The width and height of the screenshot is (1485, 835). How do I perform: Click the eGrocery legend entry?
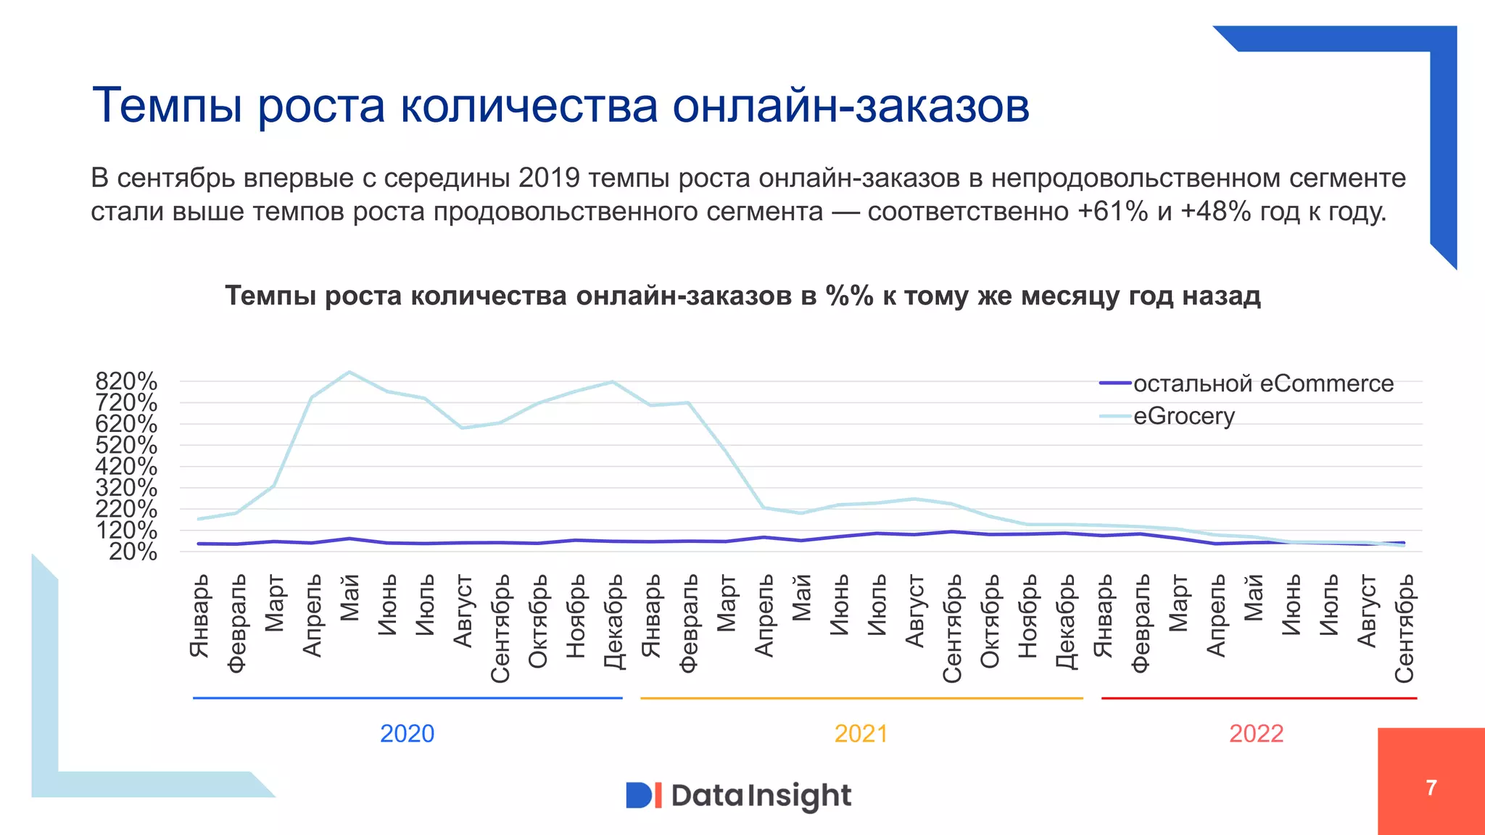(x=1183, y=416)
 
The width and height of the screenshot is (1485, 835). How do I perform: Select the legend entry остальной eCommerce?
(x=1262, y=383)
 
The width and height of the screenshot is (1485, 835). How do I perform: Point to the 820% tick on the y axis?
(x=126, y=381)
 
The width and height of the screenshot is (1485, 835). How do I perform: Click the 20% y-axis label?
(x=133, y=552)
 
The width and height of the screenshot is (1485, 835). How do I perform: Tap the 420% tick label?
(x=126, y=466)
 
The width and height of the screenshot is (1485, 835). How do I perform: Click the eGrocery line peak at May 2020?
(x=349, y=373)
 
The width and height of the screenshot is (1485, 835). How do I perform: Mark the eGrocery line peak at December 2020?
(x=613, y=382)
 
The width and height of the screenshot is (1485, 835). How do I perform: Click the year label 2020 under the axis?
(x=407, y=734)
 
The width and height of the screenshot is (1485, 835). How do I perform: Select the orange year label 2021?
(x=861, y=734)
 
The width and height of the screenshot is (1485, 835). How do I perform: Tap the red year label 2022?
(x=1256, y=734)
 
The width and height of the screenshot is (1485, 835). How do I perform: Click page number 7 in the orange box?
(x=1431, y=787)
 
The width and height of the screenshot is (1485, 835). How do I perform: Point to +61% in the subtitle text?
(x=1112, y=212)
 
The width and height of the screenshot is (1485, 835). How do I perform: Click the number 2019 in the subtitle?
(x=549, y=178)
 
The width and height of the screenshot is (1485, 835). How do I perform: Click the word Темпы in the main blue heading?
(x=167, y=106)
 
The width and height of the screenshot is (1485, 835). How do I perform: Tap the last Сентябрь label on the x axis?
(x=1404, y=628)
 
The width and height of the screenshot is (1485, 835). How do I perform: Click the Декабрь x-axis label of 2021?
(x=1065, y=621)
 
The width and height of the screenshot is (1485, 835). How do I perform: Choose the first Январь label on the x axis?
(x=199, y=615)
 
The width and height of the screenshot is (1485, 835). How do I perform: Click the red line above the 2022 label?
(x=1259, y=698)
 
